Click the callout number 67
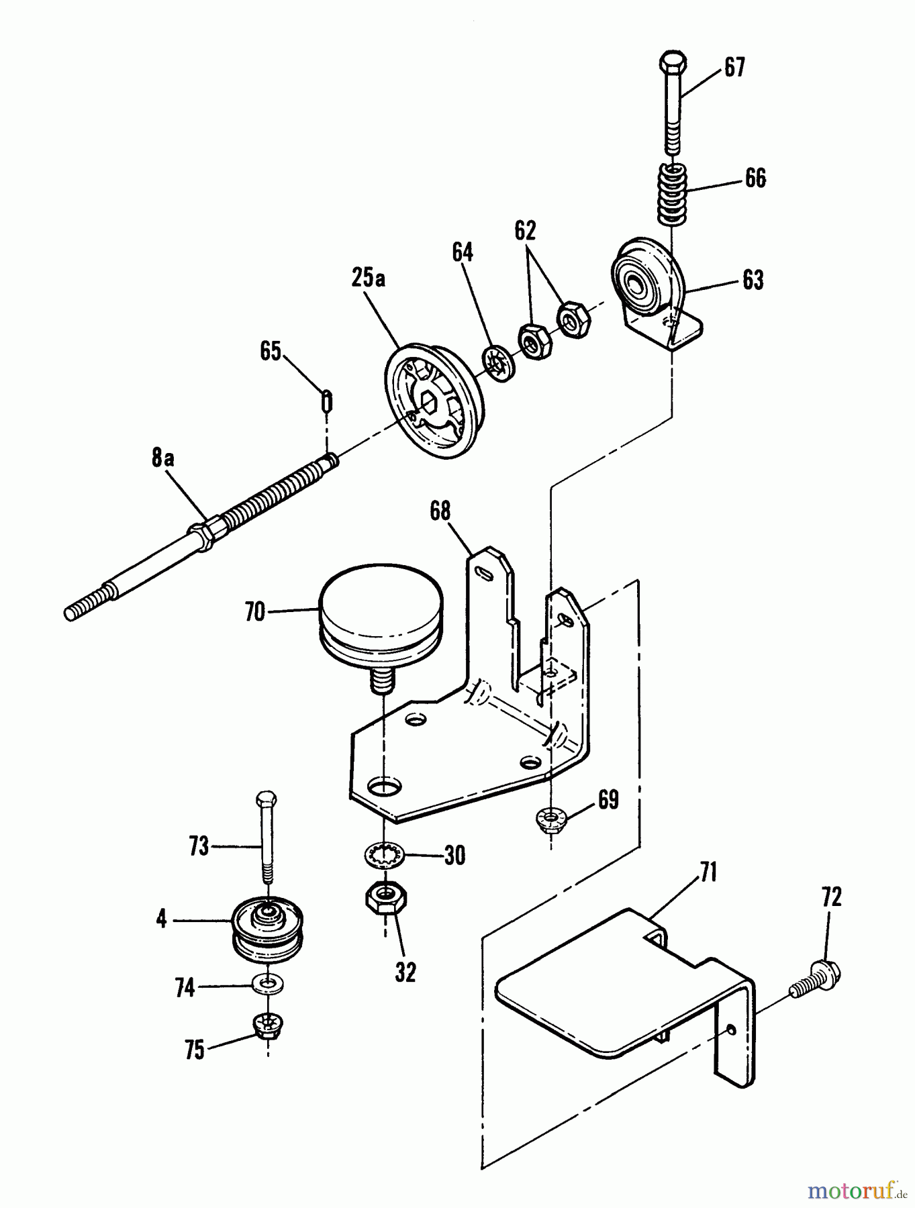[x=734, y=68]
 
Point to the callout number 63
[x=753, y=280]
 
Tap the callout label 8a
[x=162, y=459]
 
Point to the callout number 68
[x=440, y=512]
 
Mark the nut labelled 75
[x=268, y=1024]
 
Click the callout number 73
[x=199, y=847]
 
